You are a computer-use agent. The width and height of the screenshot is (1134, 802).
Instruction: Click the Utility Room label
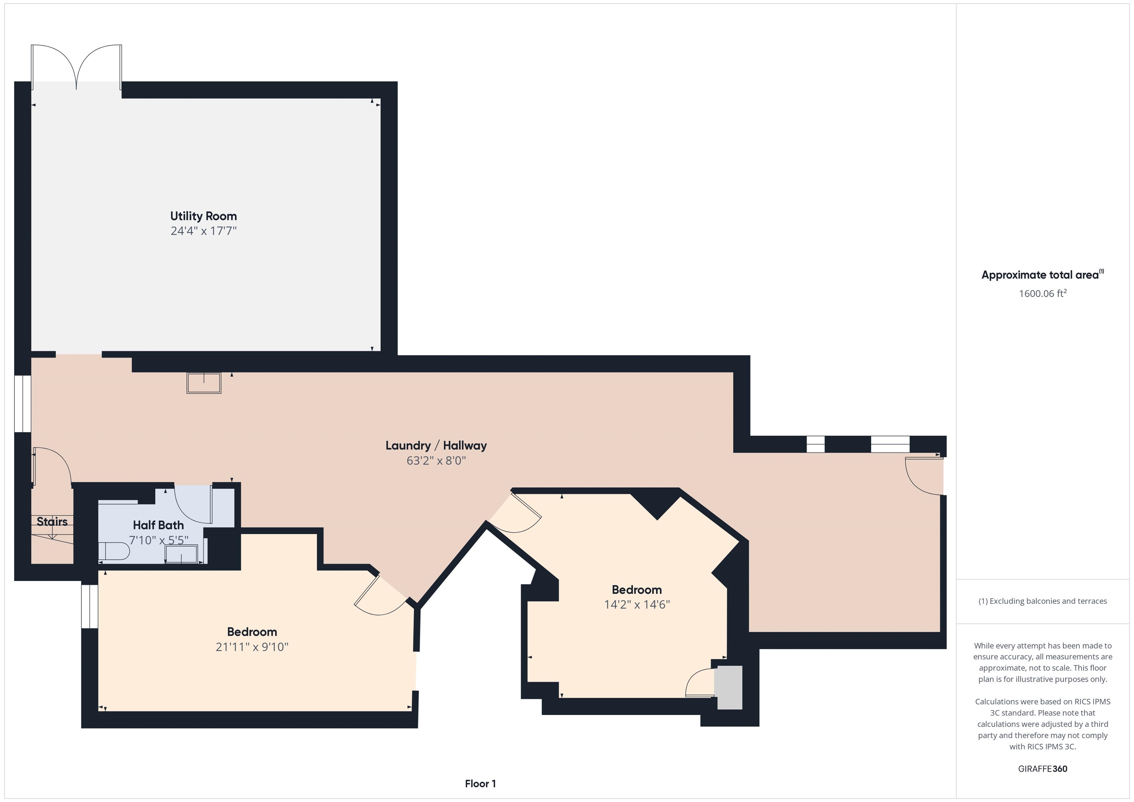point(203,216)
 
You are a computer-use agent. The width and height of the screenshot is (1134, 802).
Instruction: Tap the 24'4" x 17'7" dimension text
point(203,231)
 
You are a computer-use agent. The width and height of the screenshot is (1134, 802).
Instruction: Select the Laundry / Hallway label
point(436,445)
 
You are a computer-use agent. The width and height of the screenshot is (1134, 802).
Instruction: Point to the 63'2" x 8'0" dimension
point(436,461)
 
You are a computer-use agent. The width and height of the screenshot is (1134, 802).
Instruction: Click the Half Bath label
point(158,525)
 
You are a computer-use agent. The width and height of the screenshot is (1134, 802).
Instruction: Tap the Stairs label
point(52,522)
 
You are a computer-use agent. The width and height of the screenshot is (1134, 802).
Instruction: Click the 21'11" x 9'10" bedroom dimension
point(252,647)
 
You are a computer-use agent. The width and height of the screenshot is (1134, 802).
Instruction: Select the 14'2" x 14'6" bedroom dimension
point(637,605)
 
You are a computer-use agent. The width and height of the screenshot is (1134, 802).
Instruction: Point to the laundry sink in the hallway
point(203,383)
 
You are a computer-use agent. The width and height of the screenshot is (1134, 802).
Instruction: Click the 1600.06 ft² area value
point(1042,293)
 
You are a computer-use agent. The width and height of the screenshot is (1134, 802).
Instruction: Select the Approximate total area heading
point(1042,275)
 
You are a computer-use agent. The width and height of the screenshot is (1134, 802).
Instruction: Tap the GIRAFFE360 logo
point(1042,769)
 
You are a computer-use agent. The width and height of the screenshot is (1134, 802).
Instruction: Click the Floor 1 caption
point(480,784)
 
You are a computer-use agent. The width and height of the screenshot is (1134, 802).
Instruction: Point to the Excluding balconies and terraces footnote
point(1042,601)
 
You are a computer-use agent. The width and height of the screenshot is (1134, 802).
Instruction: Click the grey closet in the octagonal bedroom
point(729,688)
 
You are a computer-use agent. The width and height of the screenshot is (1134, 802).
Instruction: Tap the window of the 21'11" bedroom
point(89,606)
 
